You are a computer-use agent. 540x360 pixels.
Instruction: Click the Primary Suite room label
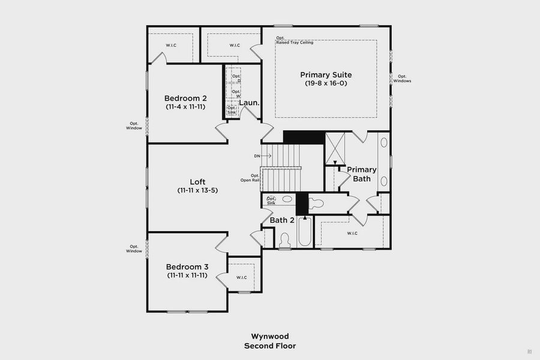[326, 74]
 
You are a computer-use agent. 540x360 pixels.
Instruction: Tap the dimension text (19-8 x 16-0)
[326, 83]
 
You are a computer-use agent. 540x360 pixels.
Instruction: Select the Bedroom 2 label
[186, 98]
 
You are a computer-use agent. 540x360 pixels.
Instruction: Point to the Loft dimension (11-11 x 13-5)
[197, 190]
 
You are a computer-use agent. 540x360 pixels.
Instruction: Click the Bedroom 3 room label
[187, 266]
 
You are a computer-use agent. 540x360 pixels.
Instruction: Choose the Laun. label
[249, 103]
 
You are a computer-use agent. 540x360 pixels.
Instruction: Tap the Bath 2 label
[282, 220]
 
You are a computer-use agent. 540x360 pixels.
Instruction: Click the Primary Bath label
[362, 174]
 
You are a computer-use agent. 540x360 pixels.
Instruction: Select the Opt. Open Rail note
[250, 178]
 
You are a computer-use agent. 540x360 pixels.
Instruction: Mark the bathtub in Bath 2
[302, 234]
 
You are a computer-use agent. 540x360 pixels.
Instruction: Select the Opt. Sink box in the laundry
[232, 110]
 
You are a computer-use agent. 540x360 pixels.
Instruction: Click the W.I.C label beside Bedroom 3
[242, 277]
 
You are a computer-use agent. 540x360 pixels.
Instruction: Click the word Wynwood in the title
[269, 337]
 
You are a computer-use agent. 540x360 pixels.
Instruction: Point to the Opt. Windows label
[403, 78]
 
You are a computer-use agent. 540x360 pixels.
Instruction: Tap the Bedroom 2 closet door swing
[157, 58]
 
